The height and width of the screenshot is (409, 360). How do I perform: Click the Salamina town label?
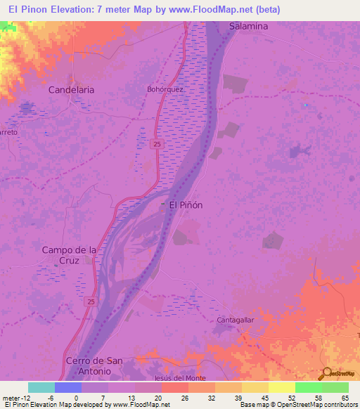[248, 26]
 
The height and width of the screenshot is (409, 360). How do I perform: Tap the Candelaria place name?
[71, 91]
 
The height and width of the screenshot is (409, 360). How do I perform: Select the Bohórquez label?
[165, 90]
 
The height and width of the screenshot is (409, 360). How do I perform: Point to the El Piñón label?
[186, 205]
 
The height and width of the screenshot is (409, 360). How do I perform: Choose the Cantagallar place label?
[236, 320]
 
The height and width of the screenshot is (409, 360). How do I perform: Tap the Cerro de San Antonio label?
[94, 365]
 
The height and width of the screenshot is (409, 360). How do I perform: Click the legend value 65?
[345, 398]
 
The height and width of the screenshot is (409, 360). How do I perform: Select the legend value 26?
[184, 398]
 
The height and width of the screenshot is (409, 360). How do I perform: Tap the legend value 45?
[264, 398]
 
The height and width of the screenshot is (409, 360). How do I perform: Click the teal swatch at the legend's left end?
[41, 387]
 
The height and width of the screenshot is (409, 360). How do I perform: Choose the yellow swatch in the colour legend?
[282, 387]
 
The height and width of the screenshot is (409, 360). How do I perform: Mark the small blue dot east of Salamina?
[304, 105]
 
